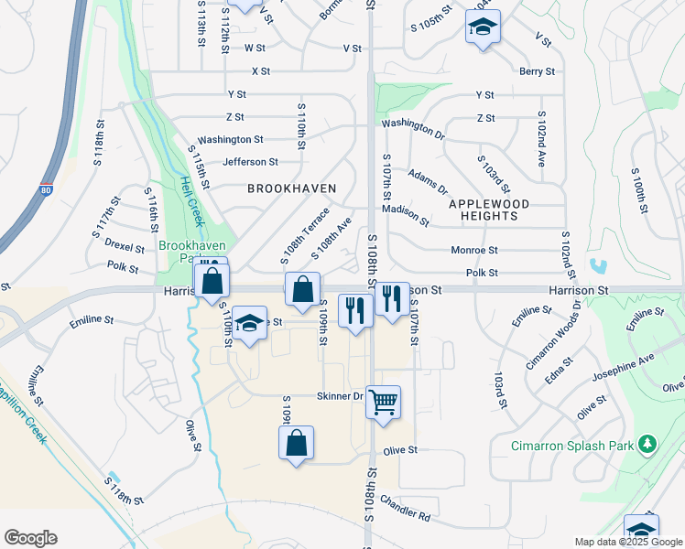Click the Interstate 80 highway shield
[46, 192]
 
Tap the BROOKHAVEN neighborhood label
[292, 188]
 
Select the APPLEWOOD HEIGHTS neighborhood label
[483, 210]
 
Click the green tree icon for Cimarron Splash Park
[648, 444]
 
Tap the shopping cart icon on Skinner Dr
[383, 400]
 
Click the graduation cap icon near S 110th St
[248, 324]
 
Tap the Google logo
[30, 537]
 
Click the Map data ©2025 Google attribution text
[627, 542]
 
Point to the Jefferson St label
[250, 162]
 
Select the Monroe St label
[473, 250]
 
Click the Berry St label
[537, 71]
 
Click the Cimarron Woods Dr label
[553, 339]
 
